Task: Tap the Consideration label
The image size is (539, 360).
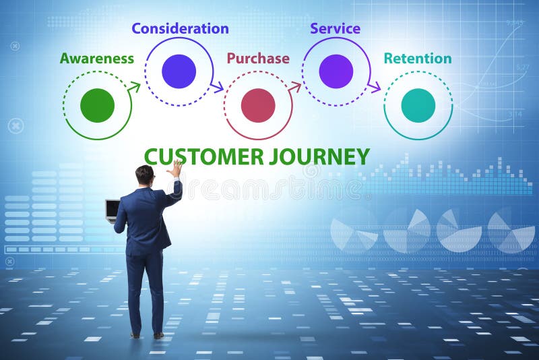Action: pos(180,28)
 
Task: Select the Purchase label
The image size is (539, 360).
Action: pos(258,59)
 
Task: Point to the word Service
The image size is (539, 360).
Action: pos(335,28)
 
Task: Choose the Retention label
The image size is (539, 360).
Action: pos(418,59)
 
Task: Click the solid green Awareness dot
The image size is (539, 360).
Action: pos(98,105)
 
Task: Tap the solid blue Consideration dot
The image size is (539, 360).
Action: pos(179,71)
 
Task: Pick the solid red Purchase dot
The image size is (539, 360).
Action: pos(258,105)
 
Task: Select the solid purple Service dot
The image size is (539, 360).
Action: pos(336,71)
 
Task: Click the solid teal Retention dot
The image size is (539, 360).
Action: pos(418,105)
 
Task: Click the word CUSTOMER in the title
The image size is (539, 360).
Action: pos(204,156)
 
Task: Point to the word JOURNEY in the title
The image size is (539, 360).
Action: pos(319,156)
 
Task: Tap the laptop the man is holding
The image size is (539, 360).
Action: pos(112,209)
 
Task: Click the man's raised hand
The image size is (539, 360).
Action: pos(176,169)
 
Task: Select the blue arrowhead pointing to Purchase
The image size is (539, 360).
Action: pos(217,87)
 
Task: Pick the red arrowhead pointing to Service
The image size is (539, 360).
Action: pos(295,86)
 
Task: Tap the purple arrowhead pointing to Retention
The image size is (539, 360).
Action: pos(375,87)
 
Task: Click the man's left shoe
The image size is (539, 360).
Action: pos(135,334)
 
